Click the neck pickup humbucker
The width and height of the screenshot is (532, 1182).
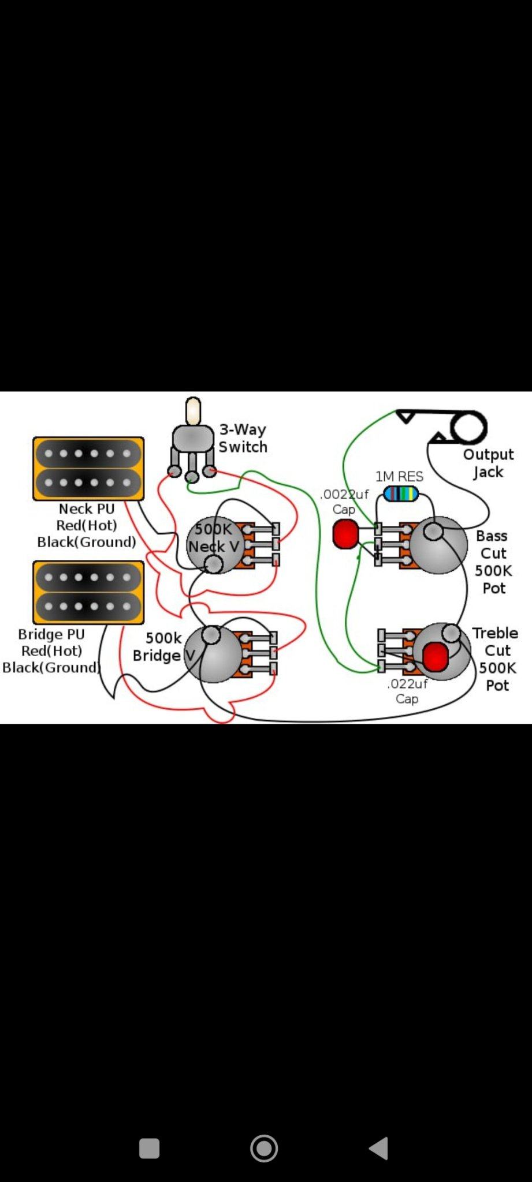(88, 468)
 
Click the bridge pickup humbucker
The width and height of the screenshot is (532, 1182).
(88, 592)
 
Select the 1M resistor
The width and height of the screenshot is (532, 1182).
(401, 494)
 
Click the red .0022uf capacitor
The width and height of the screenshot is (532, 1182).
(345, 534)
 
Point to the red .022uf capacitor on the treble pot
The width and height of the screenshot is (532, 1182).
(435, 657)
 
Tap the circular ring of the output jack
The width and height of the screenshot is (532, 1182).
(468, 428)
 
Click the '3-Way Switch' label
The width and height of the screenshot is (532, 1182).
(243, 438)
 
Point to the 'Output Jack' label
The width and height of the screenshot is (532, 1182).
(488, 463)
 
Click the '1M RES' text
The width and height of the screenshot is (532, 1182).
(399, 476)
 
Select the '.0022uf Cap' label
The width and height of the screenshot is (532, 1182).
(344, 502)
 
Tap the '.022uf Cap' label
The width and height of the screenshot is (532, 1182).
(407, 691)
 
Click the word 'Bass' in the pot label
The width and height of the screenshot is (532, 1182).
(492, 536)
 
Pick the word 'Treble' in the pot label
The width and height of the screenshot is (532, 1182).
(495, 633)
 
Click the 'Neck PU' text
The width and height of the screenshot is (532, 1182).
(87, 508)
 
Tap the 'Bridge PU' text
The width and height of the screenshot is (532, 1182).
(51, 634)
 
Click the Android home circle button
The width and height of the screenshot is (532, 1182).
(264, 1148)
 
